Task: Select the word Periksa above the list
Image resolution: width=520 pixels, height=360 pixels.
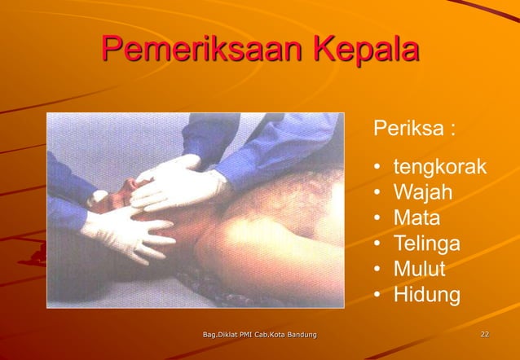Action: [408, 130]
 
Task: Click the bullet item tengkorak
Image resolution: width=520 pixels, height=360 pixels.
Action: [439, 169]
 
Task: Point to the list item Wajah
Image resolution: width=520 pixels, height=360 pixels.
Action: [423, 194]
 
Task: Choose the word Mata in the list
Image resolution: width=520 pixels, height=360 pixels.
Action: [416, 218]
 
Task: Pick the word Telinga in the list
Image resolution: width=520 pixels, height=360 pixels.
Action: [426, 244]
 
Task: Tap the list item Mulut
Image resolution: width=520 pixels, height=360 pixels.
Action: [421, 269]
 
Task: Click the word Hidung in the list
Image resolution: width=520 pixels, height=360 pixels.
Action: [426, 294]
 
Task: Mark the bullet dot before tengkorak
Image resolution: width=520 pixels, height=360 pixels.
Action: [378, 169]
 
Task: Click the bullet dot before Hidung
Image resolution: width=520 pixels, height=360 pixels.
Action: [378, 295]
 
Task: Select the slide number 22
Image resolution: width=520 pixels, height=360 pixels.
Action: [485, 335]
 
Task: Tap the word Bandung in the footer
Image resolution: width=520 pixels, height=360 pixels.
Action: [299, 335]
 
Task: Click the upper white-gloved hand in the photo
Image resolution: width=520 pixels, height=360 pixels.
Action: [175, 181]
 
